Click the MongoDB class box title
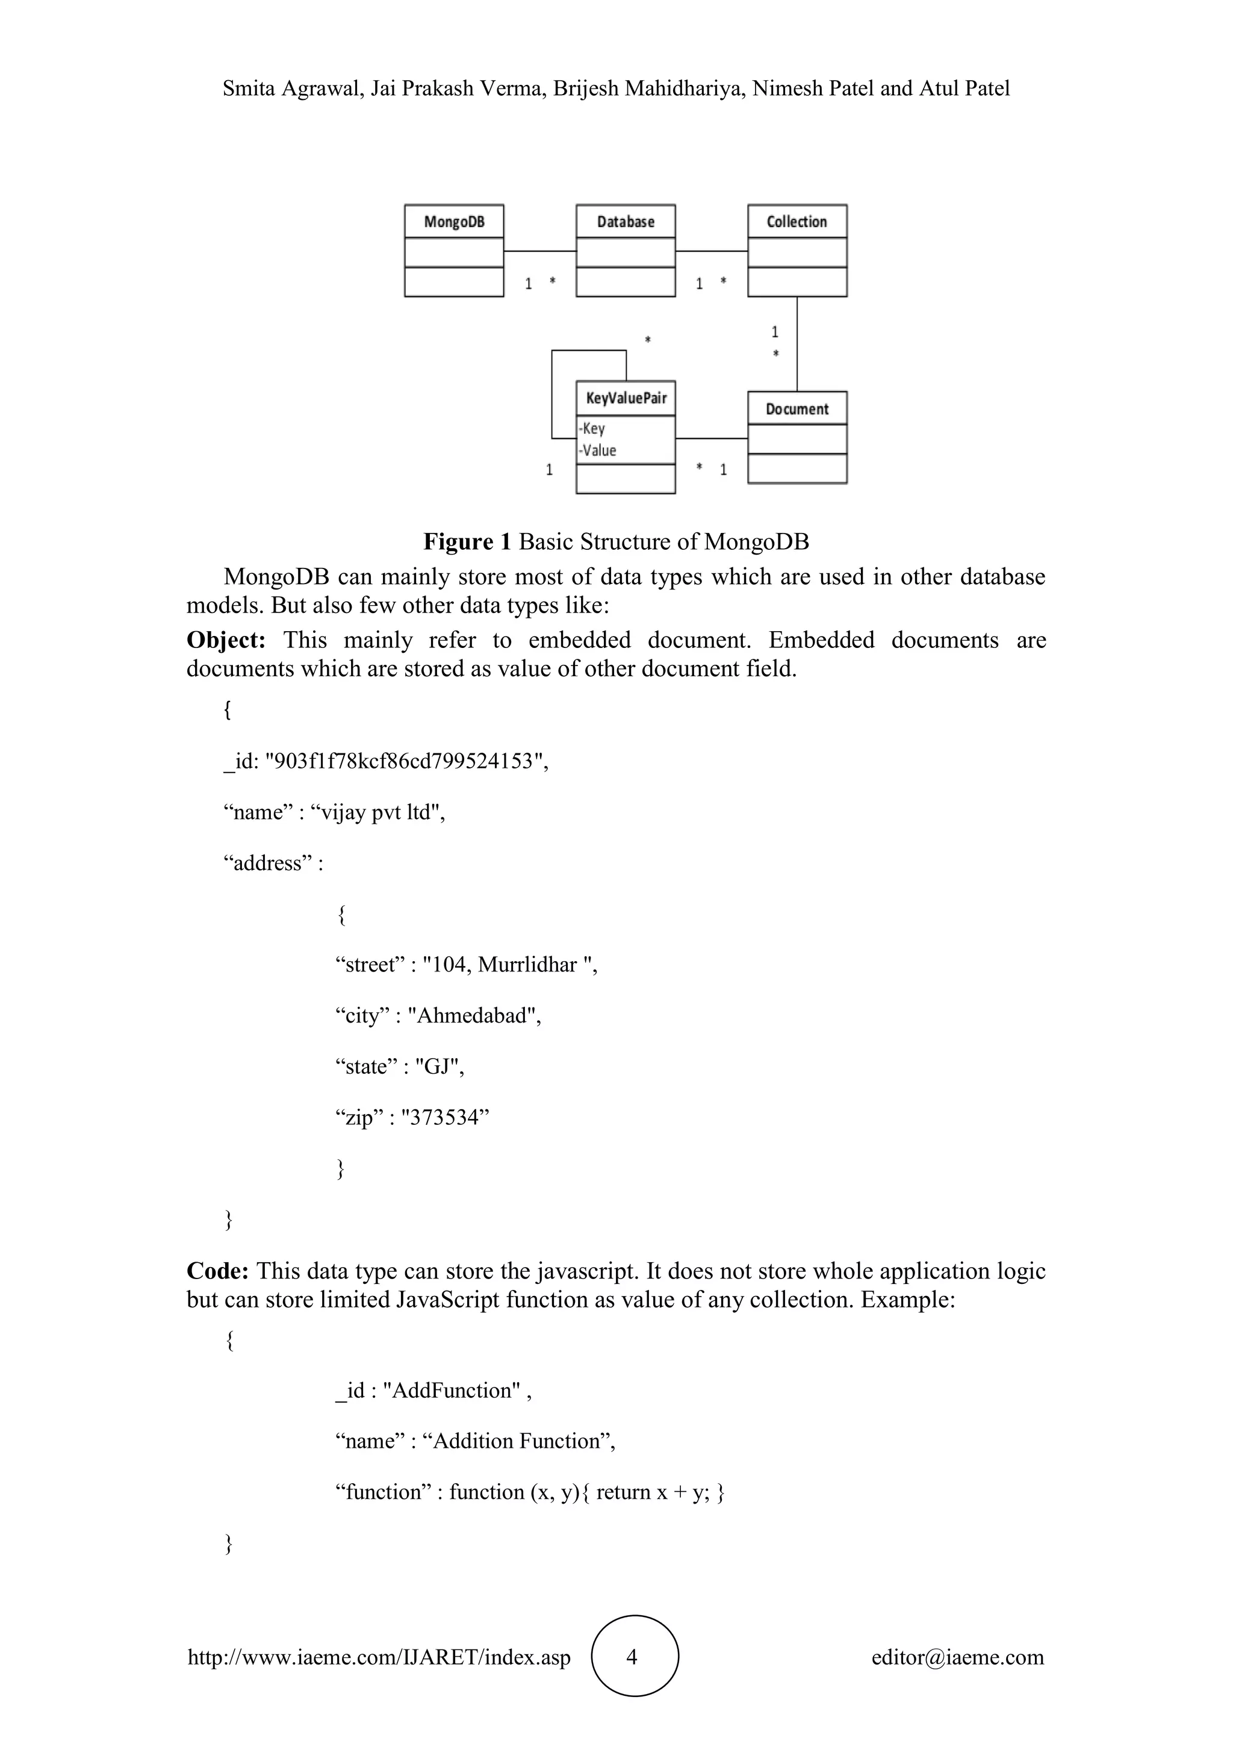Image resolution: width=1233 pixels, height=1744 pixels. [x=454, y=222]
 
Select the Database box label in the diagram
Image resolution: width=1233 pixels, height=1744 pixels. [x=626, y=222]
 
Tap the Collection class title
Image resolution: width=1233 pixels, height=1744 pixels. [x=797, y=222]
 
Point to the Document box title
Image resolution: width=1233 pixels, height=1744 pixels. [x=797, y=409]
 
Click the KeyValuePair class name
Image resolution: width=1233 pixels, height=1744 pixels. [x=626, y=398]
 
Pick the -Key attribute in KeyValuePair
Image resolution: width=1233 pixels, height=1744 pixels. [x=592, y=428]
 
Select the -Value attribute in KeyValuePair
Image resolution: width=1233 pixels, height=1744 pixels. [x=597, y=450]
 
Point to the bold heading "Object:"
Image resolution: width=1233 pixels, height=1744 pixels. [x=226, y=640]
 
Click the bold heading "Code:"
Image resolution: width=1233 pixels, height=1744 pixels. [x=218, y=1271]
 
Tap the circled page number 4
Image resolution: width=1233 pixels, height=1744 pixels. [x=634, y=1657]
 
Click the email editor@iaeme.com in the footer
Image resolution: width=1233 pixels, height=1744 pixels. [x=957, y=1657]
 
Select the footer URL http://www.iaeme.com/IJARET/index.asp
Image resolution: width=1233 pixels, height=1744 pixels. [x=379, y=1657]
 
